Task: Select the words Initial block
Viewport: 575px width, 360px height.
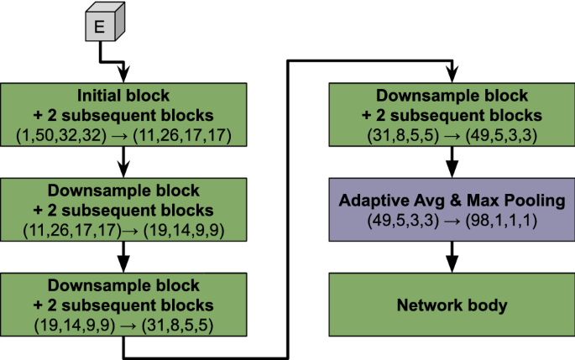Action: tap(124, 96)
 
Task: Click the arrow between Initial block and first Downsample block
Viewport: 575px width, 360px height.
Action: tap(124, 159)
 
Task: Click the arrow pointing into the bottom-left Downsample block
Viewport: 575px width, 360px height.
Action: tap(124, 253)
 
